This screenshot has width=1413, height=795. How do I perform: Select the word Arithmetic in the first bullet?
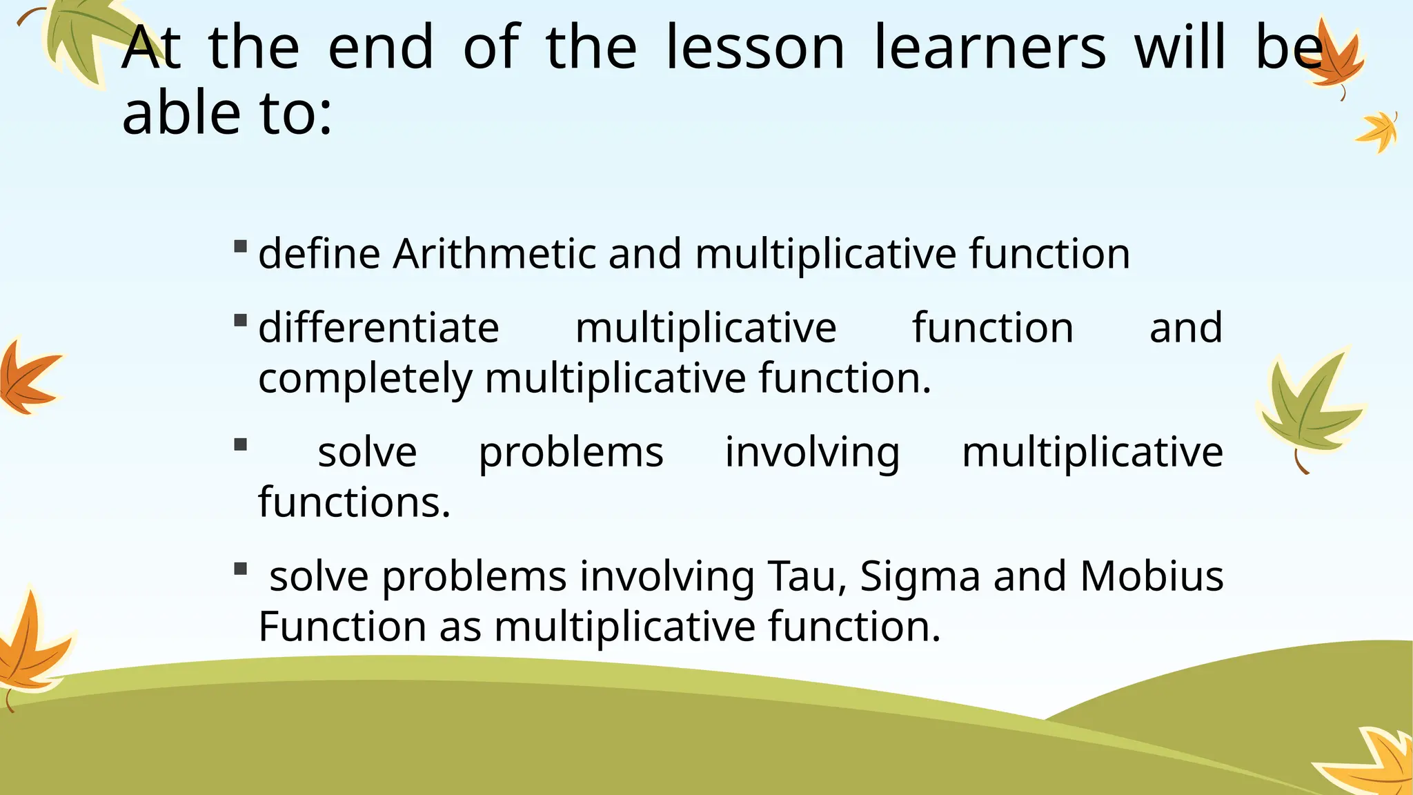coord(494,253)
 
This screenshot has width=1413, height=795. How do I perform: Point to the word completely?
coord(365,378)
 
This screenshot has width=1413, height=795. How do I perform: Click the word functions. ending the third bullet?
coord(354,502)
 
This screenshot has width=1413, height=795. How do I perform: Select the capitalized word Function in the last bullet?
coord(342,626)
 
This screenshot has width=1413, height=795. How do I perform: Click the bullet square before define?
coord(240,246)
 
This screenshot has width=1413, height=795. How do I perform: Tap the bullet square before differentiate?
coord(240,320)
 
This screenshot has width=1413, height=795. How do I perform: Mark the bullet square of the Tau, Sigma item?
coord(240,569)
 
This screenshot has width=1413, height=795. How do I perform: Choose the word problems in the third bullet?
coord(571,453)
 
